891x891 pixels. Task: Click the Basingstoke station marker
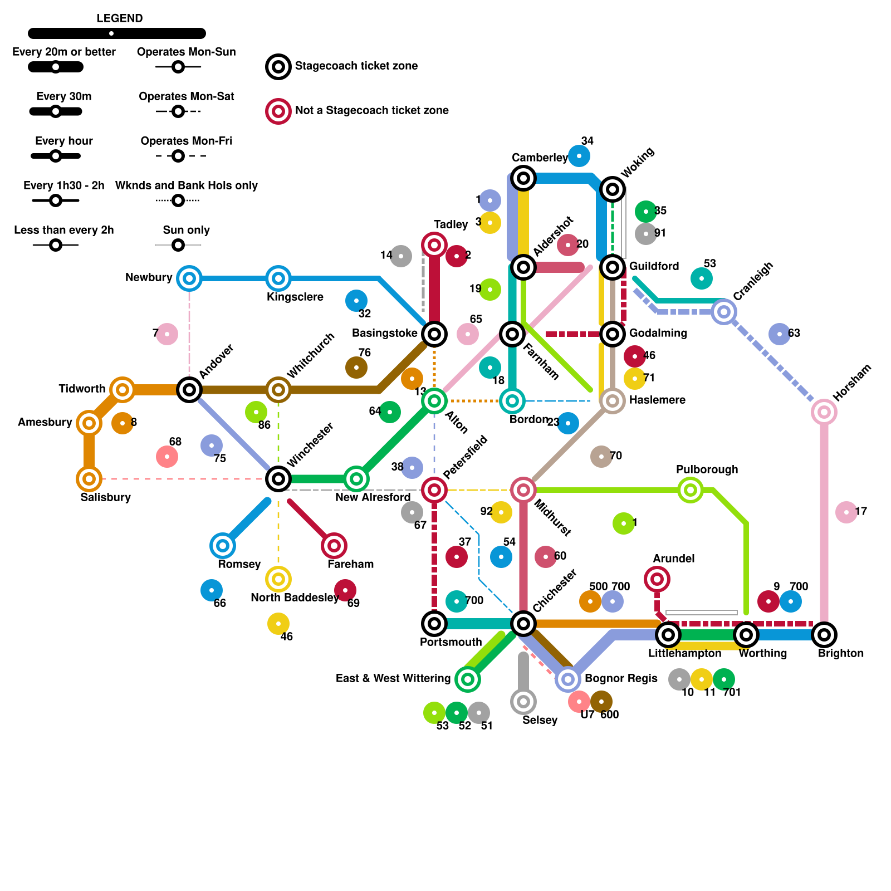coord(434,334)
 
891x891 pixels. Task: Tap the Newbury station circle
coord(189,278)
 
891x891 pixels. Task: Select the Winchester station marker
coord(278,479)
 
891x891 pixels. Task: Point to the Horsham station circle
coord(824,412)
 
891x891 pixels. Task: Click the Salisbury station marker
coord(89,479)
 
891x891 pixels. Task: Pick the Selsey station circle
coord(523,702)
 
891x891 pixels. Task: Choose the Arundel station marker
coord(657,579)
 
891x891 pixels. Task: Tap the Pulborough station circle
coord(691,490)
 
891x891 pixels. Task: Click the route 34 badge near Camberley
coord(579,156)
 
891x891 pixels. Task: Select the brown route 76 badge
coord(356,368)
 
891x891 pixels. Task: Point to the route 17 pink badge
coord(846,512)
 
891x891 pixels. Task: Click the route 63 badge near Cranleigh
coord(780,334)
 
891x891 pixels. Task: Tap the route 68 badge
coord(167,457)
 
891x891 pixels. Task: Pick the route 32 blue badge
coord(356,301)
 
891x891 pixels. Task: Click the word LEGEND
coord(119,18)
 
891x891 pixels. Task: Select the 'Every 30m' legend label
coord(63,96)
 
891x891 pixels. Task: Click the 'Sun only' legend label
coord(186,230)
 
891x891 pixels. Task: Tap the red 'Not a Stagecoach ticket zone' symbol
coord(278,111)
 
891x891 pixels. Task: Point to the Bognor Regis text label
coord(621,678)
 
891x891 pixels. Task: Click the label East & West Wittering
coord(393,678)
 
